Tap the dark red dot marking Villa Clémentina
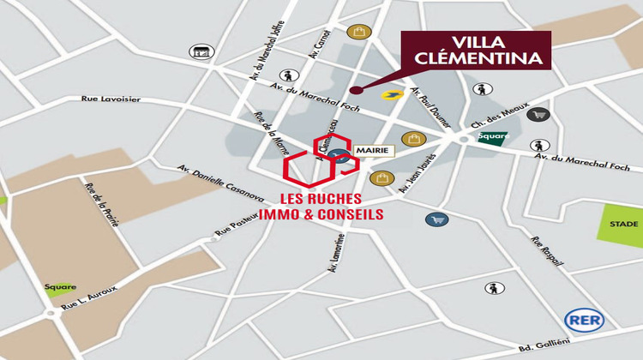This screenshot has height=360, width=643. point(352,88)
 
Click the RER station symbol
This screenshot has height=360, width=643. point(584,321)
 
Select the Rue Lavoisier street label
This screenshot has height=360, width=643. point(111,99)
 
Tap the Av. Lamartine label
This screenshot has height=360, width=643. point(336,255)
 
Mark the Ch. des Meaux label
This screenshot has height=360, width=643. point(493,122)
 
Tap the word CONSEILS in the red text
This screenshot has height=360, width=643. point(350,213)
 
